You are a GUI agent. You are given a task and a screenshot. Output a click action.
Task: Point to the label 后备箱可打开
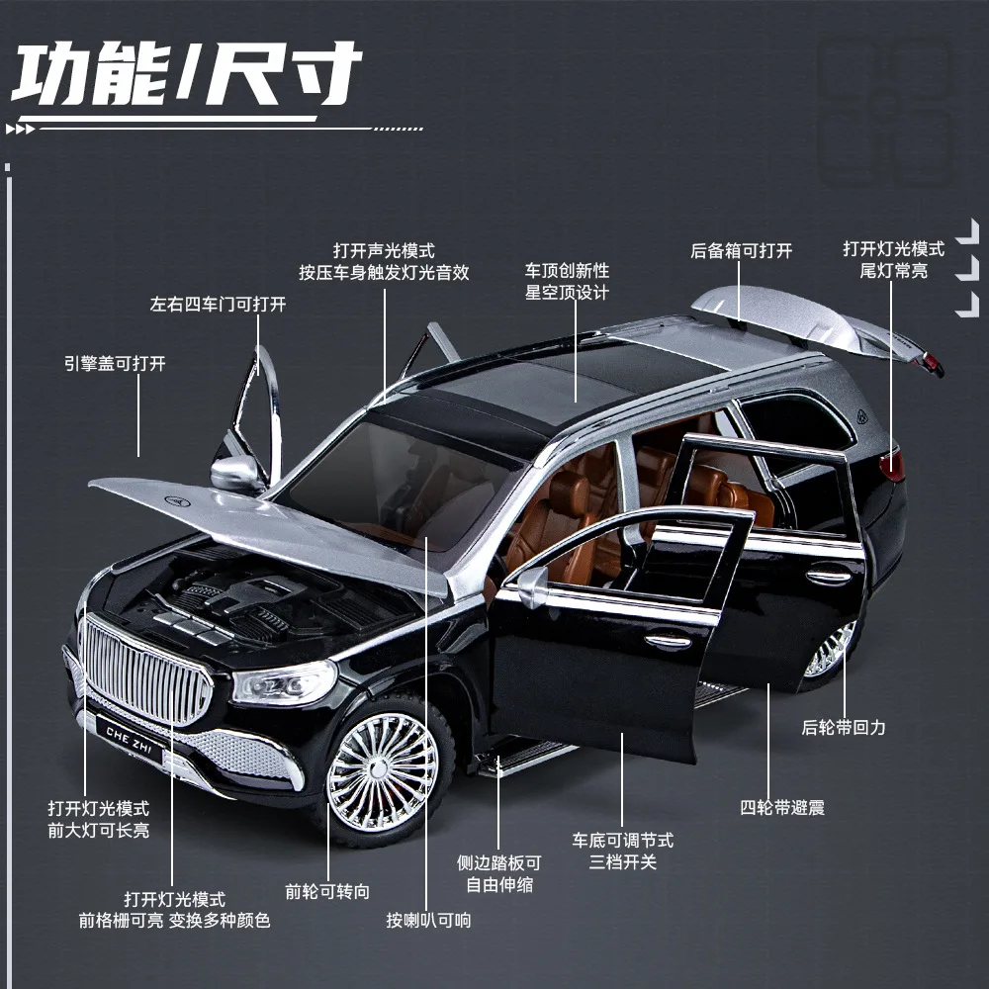click(x=741, y=251)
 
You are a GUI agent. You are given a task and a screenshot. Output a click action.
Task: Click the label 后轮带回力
click(x=843, y=727)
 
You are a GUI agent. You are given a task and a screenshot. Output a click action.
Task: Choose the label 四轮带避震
click(x=781, y=807)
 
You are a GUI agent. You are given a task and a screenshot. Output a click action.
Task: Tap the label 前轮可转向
click(x=327, y=891)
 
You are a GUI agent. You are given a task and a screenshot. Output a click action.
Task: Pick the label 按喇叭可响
click(x=428, y=920)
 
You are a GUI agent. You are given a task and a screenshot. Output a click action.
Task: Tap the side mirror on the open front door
click(x=533, y=585)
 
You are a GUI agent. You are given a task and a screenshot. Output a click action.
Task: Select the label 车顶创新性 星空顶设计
click(x=567, y=281)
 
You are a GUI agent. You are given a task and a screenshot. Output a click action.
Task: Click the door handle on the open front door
click(x=669, y=640)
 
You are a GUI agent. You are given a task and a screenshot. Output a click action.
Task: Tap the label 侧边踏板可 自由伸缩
click(x=498, y=873)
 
